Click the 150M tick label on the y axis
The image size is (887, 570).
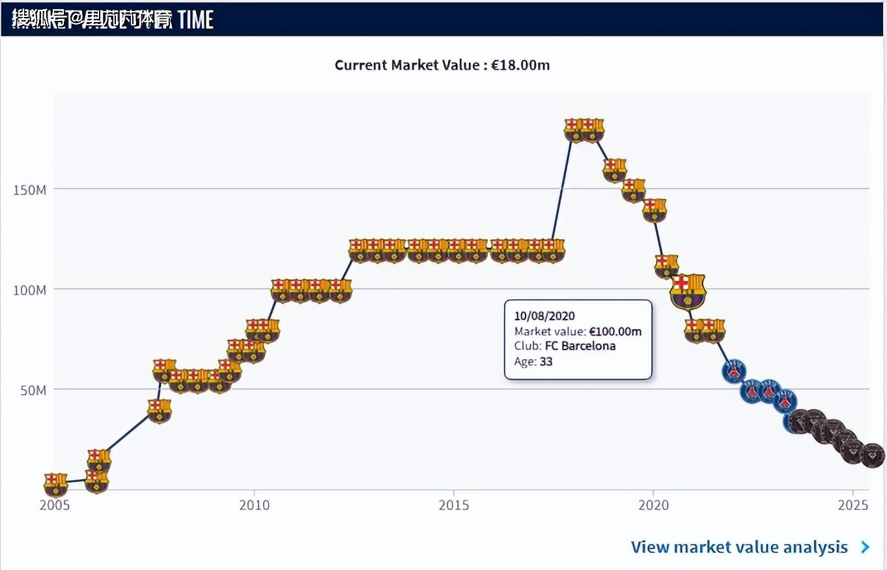[29, 189]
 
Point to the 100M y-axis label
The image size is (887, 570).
[29, 290]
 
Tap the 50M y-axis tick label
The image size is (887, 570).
[32, 390]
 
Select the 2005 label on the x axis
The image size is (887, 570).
[54, 505]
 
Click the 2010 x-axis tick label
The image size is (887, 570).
[253, 505]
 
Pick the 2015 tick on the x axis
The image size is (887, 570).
[453, 505]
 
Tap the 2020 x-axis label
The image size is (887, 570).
[653, 505]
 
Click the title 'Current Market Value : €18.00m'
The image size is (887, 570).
[442, 65]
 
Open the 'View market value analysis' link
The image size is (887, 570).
[739, 547]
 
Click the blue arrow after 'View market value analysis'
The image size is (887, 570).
[865, 547]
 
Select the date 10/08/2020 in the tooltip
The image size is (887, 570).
[544, 316]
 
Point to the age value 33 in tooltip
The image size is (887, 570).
[546, 361]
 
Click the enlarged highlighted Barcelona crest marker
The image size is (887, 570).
[688, 291]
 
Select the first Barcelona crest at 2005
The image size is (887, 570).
[55, 483]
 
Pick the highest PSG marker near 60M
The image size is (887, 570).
[733, 370]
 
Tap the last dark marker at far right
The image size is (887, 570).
[872, 455]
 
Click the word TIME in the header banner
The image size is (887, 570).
[195, 20]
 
